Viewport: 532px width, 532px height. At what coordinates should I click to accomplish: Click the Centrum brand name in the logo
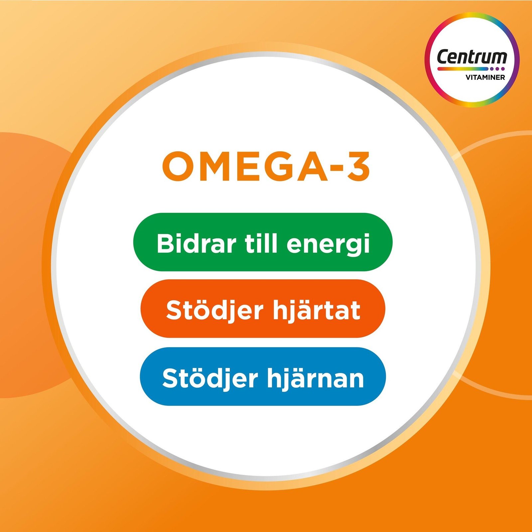472,57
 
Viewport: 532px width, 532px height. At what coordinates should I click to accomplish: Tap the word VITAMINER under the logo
485,77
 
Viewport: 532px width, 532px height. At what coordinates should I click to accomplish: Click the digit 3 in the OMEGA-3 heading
357,166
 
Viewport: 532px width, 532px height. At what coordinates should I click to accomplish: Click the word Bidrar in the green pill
196,243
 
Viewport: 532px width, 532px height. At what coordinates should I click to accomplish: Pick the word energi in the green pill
328,244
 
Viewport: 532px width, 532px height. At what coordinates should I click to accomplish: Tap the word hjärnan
316,378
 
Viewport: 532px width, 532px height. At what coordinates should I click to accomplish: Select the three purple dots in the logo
497,69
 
